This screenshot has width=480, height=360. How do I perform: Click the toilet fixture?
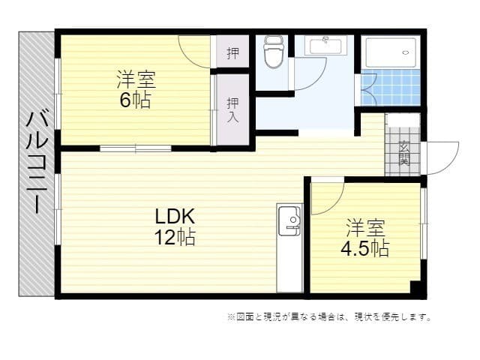click(x=274, y=52)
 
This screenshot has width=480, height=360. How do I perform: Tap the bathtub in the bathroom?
click(x=391, y=52)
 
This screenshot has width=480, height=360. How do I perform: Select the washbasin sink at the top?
click(x=325, y=46)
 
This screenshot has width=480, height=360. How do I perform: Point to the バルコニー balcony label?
click(x=37, y=162)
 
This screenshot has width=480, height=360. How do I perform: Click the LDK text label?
click(x=175, y=217)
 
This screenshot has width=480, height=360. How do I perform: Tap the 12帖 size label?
click(x=175, y=237)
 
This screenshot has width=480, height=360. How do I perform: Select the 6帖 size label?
click(x=135, y=100)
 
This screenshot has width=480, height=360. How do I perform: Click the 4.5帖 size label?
click(x=365, y=248)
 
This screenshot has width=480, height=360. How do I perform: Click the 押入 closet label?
click(x=232, y=110)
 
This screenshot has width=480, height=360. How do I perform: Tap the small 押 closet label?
click(x=232, y=53)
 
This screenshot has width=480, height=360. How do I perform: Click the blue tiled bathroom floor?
click(x=391, y=87)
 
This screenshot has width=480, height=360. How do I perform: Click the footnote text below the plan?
click(x=329, y=316)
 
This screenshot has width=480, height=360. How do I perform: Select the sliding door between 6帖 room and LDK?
click(x=136, y=148)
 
